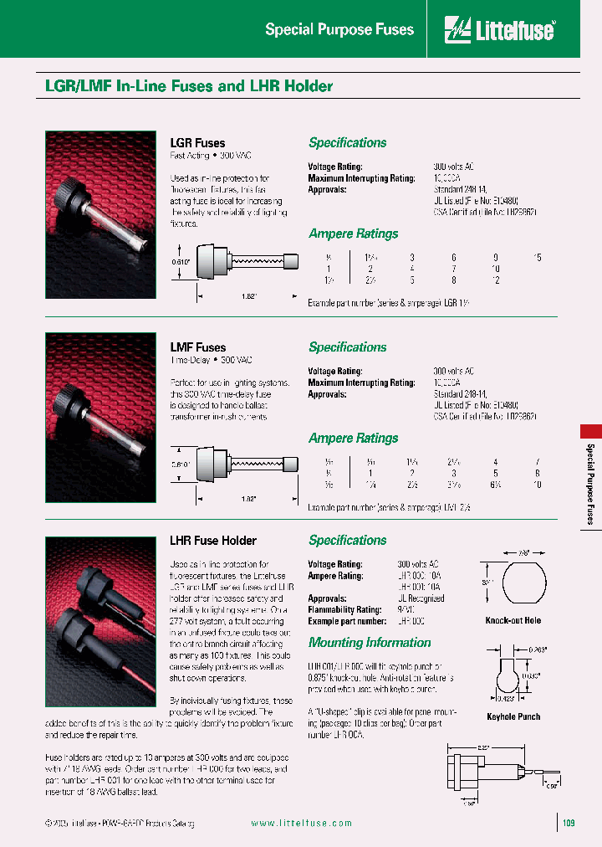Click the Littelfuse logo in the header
(x=500, y=30)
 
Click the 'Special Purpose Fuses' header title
(x=339, y=30)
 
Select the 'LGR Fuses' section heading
(x=197, y=143)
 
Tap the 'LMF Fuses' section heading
(x=197, y=347)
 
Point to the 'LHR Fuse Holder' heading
(x=213, y=541)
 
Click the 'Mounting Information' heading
(x=370, y=643)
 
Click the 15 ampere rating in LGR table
(x=538, y=257)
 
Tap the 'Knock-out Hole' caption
(x=513, y=621)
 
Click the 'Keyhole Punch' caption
(x=513, y=716)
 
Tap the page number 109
(x=569, y=824)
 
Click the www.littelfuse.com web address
(x=301, y=824)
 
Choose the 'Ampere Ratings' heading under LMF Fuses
(x=353, y=439)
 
